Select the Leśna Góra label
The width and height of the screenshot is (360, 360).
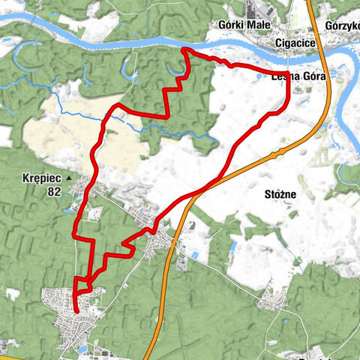click(298, 76)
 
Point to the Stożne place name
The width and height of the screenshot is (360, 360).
click(280, 194)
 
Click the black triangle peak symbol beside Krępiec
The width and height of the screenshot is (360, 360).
click(70, 178)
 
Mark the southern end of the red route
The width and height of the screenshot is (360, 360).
click(76, 309)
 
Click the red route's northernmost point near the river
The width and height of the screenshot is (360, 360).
click(184, 49)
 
